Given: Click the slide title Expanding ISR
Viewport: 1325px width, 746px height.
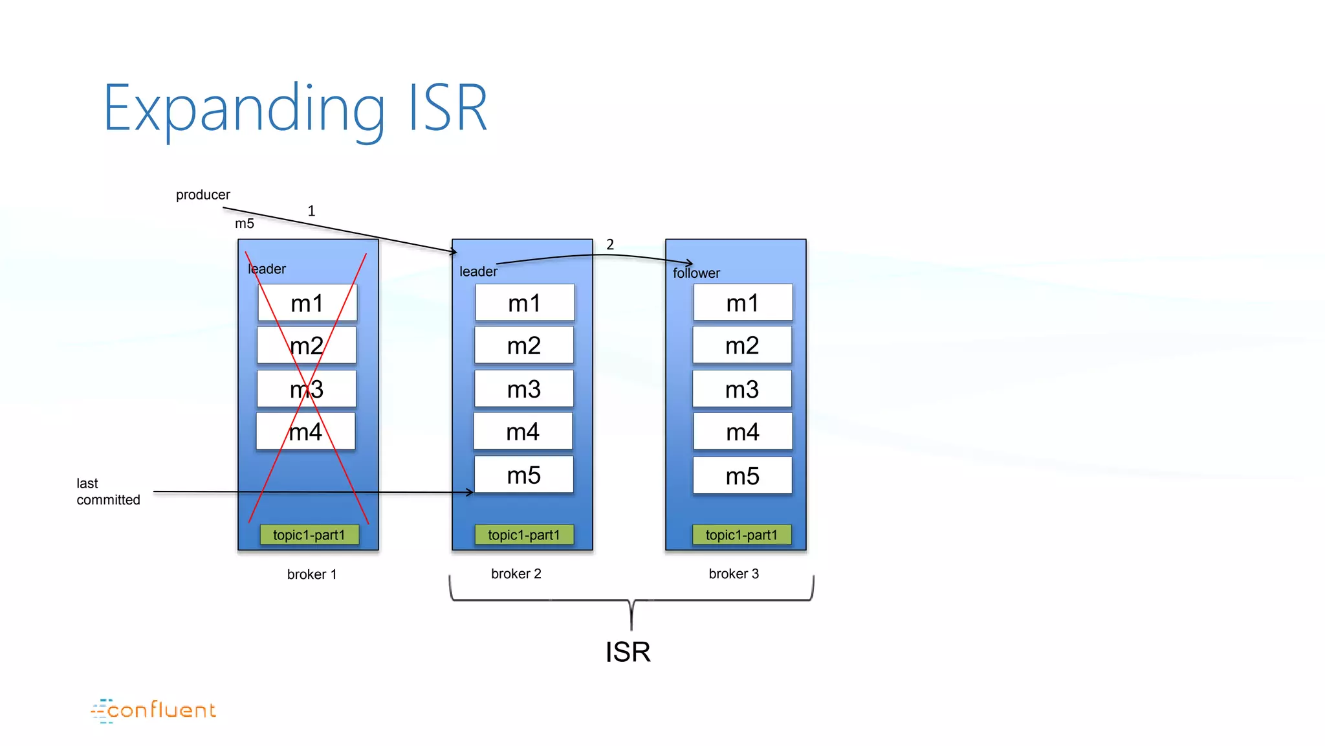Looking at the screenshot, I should click(295, 109).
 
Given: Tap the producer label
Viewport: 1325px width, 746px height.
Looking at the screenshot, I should click(203, 195).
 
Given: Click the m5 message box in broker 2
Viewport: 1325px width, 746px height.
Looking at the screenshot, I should click(523, 475).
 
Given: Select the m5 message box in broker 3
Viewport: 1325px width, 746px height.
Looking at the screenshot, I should click(742, 476).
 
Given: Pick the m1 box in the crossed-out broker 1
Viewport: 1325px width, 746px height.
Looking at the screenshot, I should click(307, 303).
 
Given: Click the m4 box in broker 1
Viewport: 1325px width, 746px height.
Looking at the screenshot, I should click(305, 432).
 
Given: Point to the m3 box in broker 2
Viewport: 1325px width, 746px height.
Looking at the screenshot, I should click(523, 389).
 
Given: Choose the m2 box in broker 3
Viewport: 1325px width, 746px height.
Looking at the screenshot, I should click(742, 345).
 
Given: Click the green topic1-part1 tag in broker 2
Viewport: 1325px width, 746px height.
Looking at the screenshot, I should click(523, 535).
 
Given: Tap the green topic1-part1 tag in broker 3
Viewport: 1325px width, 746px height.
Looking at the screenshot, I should click(741, 535).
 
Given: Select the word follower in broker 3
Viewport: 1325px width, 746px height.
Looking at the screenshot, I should click(696, 273).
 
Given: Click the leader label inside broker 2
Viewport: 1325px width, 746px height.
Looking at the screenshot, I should click(478, 272).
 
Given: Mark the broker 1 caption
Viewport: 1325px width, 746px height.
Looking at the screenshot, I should click(311, 574).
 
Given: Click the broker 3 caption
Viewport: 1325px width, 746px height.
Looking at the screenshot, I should click(734, 574).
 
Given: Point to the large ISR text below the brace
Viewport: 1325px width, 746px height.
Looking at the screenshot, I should click(628, 651).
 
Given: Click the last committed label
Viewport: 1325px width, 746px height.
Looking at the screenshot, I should click(107, 492).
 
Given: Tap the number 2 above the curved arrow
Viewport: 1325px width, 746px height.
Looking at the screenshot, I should click(609, 245).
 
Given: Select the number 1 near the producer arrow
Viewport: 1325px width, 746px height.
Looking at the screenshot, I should click(311, 211).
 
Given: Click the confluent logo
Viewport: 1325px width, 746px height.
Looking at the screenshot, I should click(154, 710).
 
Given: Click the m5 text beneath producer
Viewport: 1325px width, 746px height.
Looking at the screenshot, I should click(244, 224).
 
